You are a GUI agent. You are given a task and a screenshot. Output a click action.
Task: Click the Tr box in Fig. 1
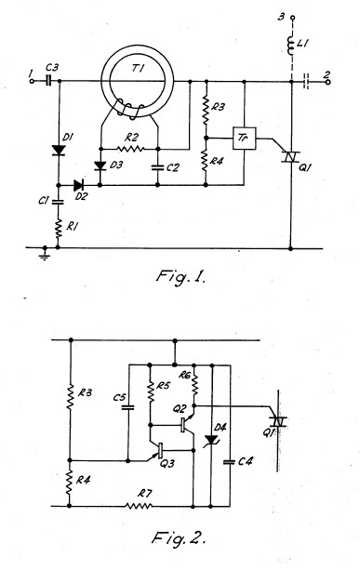[244, 139]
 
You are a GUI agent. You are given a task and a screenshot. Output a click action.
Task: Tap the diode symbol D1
[59, 150]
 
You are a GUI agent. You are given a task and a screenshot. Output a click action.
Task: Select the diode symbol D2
[79, 185]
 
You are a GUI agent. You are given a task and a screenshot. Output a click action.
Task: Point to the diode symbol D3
[100, 166]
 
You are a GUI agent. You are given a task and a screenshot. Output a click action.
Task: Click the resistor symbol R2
[130, 149]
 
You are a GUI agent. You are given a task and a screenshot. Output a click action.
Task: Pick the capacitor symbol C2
[157, 167]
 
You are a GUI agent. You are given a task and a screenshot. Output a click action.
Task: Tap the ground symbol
[45, 254]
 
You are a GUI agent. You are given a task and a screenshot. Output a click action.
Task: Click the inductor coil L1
[291, 45]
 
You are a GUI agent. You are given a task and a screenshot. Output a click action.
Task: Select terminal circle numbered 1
[32, 82]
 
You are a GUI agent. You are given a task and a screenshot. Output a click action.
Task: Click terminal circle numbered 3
[291, 18]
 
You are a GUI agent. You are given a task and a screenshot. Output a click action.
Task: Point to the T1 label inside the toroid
[137, 69]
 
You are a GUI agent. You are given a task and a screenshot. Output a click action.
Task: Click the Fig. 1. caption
[180, 277]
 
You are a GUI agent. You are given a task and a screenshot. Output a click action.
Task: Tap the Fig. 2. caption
[179, 537]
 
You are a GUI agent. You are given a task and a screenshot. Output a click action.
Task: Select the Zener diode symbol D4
[212, 440]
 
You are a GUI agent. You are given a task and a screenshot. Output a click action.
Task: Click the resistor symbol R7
[139, 506]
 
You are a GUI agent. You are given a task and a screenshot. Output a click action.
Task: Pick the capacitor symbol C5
[127, 407]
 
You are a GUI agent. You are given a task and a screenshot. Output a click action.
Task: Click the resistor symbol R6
[194, 386]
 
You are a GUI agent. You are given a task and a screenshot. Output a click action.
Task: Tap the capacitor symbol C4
[230, 462]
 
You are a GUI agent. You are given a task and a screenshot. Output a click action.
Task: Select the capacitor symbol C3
[48, 82]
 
